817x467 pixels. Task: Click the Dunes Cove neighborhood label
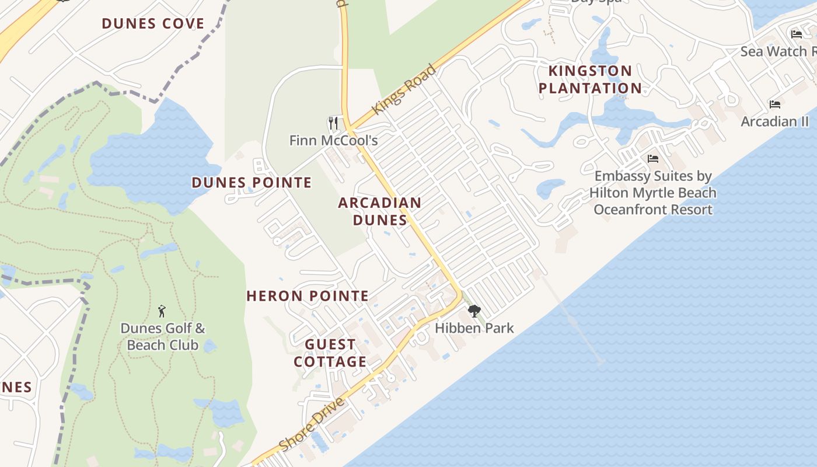[153, 24]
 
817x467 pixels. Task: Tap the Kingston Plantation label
[590, 79]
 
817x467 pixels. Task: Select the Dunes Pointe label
[252, 183]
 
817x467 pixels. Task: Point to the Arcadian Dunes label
[379, 211]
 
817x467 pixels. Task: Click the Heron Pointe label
[308, 296]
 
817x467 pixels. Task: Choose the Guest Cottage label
[330, 353]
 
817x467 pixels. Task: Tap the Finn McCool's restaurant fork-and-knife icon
[333, 123]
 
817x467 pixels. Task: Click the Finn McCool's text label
[334, 141]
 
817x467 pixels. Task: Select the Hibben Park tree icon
[474, 311]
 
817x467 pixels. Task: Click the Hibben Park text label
[474, 328]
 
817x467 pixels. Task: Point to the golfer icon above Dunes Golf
[162, 311]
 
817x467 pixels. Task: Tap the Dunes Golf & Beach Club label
[163, 337]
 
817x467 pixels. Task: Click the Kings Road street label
[404, 90]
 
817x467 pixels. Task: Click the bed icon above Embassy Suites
[653, 159]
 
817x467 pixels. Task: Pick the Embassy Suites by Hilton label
[653, 193]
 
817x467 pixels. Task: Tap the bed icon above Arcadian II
[775, 104]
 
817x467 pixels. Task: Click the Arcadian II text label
[775, 121]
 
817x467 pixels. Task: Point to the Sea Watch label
[778, 51]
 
